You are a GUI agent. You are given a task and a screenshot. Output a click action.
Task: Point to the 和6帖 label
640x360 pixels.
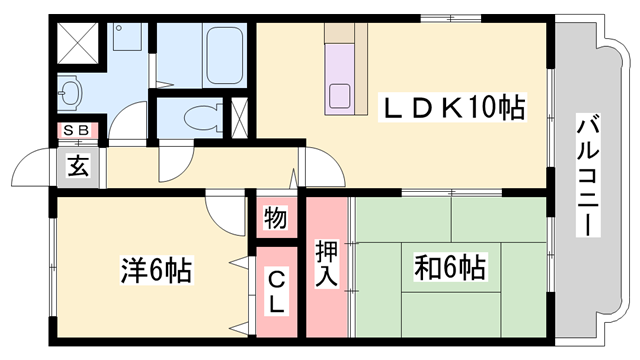coord(451,267)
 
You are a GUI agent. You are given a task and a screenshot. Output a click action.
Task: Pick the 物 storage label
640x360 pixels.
coord(276,216)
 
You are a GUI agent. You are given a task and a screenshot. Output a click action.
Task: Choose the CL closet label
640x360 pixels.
coord(276,290)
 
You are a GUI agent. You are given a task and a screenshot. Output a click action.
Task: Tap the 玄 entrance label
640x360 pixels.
coord(78,167)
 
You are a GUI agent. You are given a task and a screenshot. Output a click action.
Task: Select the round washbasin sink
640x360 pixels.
coord(69,95)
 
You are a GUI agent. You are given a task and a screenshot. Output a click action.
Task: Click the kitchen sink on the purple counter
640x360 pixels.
coord(339,98)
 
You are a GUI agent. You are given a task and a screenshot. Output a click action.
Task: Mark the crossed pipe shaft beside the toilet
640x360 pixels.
coord(241,117)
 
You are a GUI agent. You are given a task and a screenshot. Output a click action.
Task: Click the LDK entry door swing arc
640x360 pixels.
coord(324,165)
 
